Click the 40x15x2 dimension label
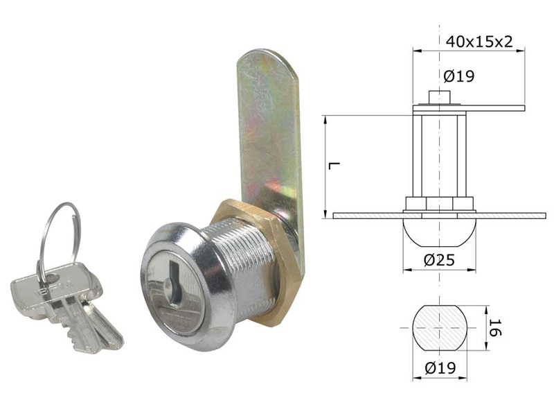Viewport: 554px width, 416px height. pyautogui.click(x=479, y=42)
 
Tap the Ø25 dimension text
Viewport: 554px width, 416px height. pyautogui.click(x=439, y=261)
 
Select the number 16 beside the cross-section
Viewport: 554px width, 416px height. pyautogui.click(x=495, y=327)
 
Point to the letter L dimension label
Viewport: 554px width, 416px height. pyautogui.click(x=334, y=166)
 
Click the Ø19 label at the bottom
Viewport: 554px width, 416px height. pyautogui.click(x=440, y=368)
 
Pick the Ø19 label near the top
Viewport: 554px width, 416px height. pyautogui.click(x=459, y=76)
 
